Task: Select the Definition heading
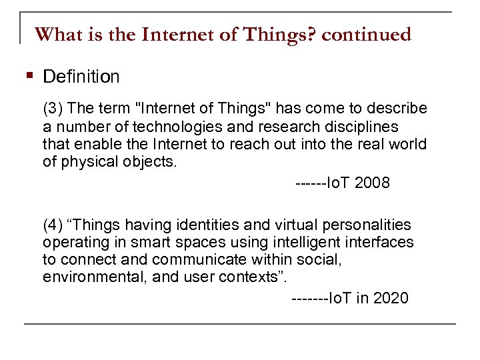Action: (81, 77)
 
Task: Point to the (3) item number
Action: (53, 109)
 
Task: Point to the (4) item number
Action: (53, 225)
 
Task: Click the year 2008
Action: (372, 183)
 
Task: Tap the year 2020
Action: (391, 299)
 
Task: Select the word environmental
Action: (89, 277)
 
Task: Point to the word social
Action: (320, 260)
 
